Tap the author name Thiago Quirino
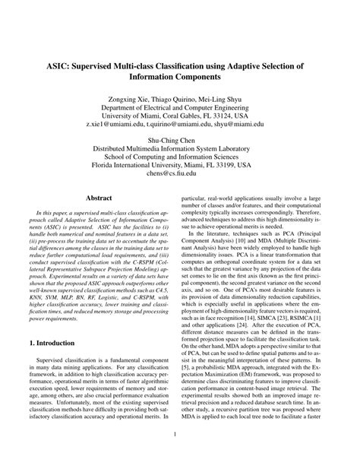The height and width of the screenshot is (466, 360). click(174, 100)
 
